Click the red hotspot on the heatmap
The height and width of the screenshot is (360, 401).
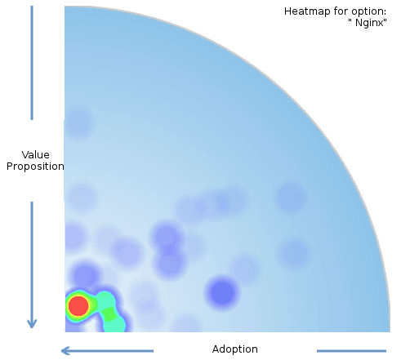(78, 306)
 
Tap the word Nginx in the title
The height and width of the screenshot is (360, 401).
(369, 23)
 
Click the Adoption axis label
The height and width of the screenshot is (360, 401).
(235, 349)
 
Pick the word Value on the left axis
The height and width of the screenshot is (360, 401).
(36, 155)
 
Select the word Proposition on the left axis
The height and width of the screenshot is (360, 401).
(35, 167)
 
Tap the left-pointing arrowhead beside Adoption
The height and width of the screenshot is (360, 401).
(65, 351)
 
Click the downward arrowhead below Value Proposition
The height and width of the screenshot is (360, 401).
(32, 323)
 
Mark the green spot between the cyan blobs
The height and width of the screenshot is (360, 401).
(109, 314)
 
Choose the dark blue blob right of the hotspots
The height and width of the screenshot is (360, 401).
(223, 293)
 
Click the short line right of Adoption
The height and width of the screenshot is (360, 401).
(351, 351)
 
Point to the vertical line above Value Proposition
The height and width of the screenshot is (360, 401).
(32, 63)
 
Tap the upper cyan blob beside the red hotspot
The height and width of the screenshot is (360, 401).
(105, 300)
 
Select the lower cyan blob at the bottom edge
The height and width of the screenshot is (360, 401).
(115, 325)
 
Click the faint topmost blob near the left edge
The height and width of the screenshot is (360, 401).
(78, 121)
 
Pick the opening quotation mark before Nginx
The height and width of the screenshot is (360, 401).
(350, 20)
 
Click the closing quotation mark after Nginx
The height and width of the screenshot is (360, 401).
(385, 20)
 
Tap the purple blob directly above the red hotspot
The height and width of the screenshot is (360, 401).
(85, 275)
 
